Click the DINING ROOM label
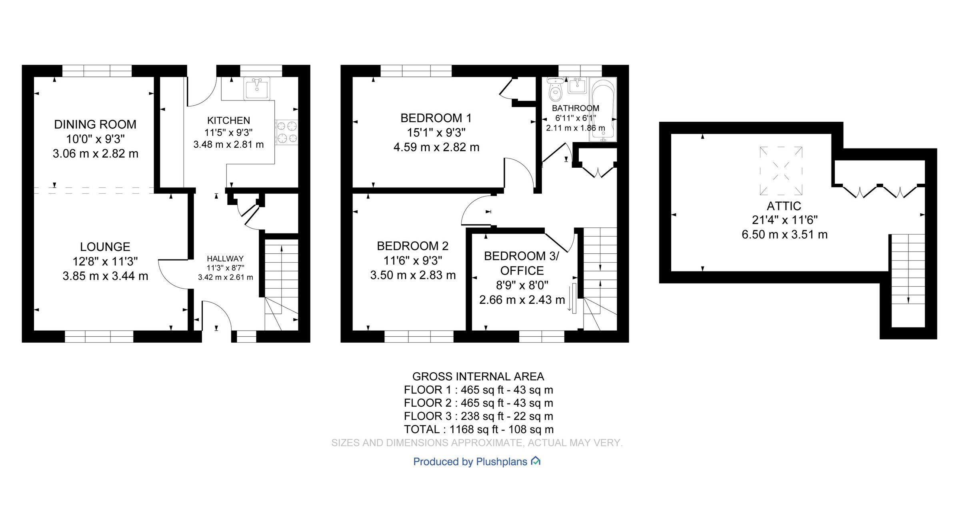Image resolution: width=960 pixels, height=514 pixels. pyautogui.click(x=95, y=124)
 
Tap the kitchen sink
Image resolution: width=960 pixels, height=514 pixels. pyautogui.click(x=257, y=88)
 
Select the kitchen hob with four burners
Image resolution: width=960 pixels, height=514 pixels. pyautogui.click(x=286, y=132)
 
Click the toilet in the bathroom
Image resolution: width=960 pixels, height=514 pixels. pyautogui.click(x=555, y=89)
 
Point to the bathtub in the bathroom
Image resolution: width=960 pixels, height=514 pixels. pyautogui.click(x=603, y=109)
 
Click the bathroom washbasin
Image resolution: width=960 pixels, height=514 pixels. pyautogui.click(x=577, y=85)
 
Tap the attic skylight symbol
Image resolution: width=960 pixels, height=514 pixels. pyautogui.click(x=781, y=171)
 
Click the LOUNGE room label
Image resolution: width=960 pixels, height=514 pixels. pyautogui.click(x=105, y=247)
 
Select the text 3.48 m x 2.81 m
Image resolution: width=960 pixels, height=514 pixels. pyautogui.click(x=228, y=145)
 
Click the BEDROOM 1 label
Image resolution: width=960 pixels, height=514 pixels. pyautogui.click(x=436, y=118)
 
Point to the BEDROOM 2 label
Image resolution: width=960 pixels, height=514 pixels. pyautogui.click(x=413, y=246)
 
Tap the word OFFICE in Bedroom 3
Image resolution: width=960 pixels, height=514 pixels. pyautogui.click(x=522, y=271)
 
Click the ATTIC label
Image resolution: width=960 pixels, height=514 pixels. pyautogui.click(x=784, y=206)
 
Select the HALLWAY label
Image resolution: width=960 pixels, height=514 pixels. pyautogui.click(x=225, y=259)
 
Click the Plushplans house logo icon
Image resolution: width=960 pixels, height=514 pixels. pyautogui.click(x=536, y=461)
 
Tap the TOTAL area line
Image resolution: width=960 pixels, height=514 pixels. pyautogui.click(x=479, y=430)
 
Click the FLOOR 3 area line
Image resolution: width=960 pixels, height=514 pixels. pyautogui.click(x=478, y=416)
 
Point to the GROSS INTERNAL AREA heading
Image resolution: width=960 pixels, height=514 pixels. pyautogui.click(x=478, y=377)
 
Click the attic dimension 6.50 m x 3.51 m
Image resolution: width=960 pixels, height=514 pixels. pyautogui.click(x=784, y=235)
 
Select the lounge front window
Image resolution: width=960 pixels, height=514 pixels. pyautogui.click(x=99, y=336)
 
